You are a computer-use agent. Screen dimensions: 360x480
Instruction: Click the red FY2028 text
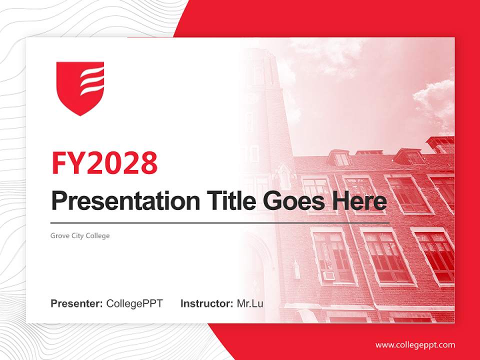pos(104,163)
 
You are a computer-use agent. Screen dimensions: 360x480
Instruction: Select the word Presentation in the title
pos(125,201)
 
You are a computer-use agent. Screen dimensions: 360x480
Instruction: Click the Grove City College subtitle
pos(80,235)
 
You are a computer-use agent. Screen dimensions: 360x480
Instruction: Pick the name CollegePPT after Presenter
pos(134,303)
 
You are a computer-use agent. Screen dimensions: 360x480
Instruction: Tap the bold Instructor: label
pos(206,303)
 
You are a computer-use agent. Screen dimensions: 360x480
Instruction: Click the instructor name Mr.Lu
pos(250,303)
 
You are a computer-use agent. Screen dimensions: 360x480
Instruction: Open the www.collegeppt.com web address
pos(415,344)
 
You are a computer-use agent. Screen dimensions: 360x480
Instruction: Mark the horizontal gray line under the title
pos(220,222)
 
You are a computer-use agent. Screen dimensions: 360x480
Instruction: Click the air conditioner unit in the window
pos(328,275)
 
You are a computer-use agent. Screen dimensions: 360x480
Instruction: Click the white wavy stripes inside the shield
pos(92,82)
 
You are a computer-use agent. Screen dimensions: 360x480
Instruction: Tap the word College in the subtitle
pos(97,235)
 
